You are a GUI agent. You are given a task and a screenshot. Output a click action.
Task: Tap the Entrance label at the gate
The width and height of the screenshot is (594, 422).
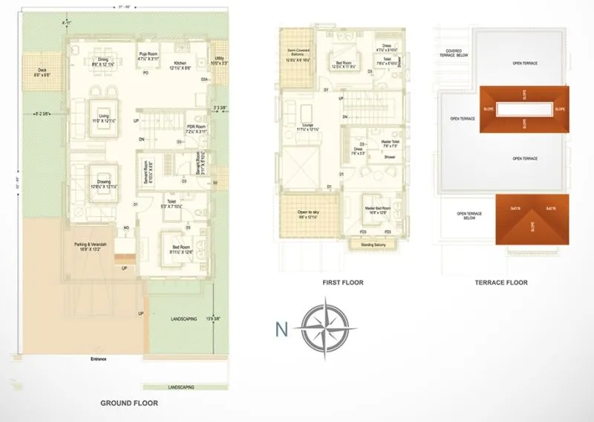(98, 359)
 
